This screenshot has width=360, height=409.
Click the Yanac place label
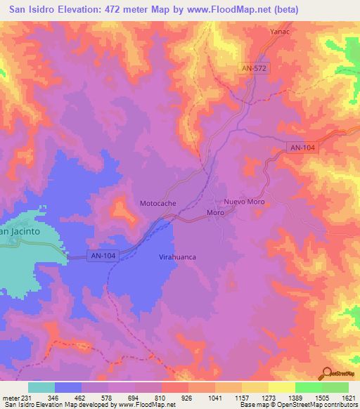point(280,32)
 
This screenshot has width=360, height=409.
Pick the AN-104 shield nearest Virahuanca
point(103,257)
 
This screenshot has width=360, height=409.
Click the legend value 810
point(161,397)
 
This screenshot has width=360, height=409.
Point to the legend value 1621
point(349,397)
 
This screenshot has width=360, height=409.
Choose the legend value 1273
point(269,397)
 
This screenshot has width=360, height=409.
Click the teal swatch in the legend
point(41,387)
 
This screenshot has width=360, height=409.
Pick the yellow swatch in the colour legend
point(281,387)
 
